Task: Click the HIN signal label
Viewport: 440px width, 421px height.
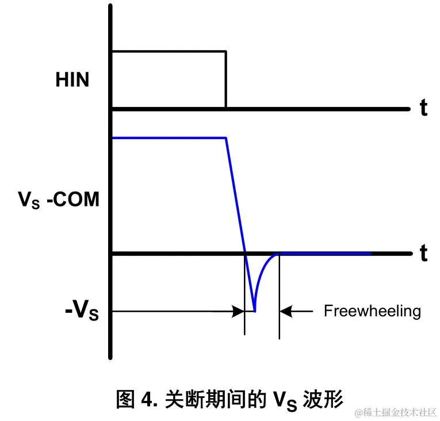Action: click(x=72, y=79)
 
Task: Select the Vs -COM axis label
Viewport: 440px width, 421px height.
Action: click(x=59, y=200)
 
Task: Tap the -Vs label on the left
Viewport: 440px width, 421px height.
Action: click(x=81, y=312)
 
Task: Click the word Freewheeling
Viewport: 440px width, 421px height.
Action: click(x=372, y=311)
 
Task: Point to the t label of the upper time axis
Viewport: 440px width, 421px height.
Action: click(x=423, y=108)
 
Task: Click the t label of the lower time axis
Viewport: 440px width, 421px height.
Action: click(x=423, y=253)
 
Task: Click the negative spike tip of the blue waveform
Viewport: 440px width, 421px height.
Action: click(x=254, y=311)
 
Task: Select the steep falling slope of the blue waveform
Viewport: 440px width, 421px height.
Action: click(x=236, y=196)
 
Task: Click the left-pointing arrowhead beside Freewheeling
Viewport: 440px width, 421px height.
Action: click(x=285, y=311)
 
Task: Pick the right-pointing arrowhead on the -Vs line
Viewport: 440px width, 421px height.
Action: click(x=238, y=311)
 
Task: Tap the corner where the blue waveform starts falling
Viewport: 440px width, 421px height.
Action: click(x=226, y=138)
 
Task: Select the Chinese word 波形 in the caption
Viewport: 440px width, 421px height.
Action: click(x=323, y=399)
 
